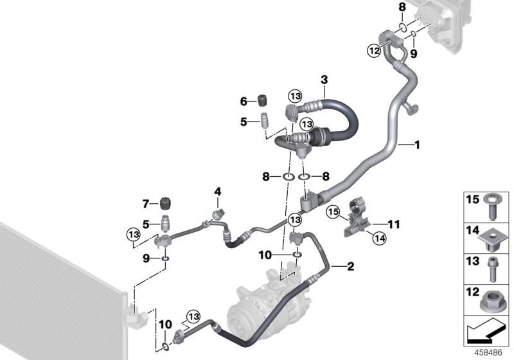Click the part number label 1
[417, 145]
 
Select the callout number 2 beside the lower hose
[350, 266]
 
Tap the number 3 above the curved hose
[324, 80]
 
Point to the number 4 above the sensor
[218, 192]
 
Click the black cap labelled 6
[261, 100]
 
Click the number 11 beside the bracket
[394, 224]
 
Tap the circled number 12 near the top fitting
[374, 51]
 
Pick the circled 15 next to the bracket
[333, 212]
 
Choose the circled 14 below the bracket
[379, 238]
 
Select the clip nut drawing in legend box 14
[490, 239]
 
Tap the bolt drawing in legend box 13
[492, 269]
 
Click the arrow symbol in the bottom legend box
[486, 332]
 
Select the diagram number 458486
[488, 353]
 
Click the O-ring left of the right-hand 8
[304, 177]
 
